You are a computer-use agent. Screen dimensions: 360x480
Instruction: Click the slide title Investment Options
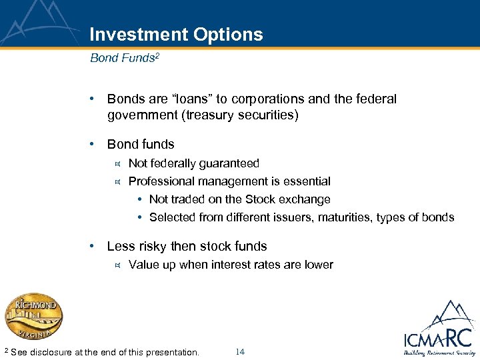pyautogui.click(x=176, y=35)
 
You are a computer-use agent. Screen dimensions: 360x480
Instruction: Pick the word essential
pyautogui.click(x=307, y=181)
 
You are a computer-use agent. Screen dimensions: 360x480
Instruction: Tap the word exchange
pyautogui.click(x=305, y=199)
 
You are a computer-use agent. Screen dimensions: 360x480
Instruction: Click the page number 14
pyautogui.click(x=240, y=351)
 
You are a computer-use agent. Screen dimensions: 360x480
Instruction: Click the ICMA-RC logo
pyautogui.click(x=437, y=330)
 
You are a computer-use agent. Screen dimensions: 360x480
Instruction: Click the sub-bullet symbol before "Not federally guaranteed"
pyautogui.click(x=117, y=163)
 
